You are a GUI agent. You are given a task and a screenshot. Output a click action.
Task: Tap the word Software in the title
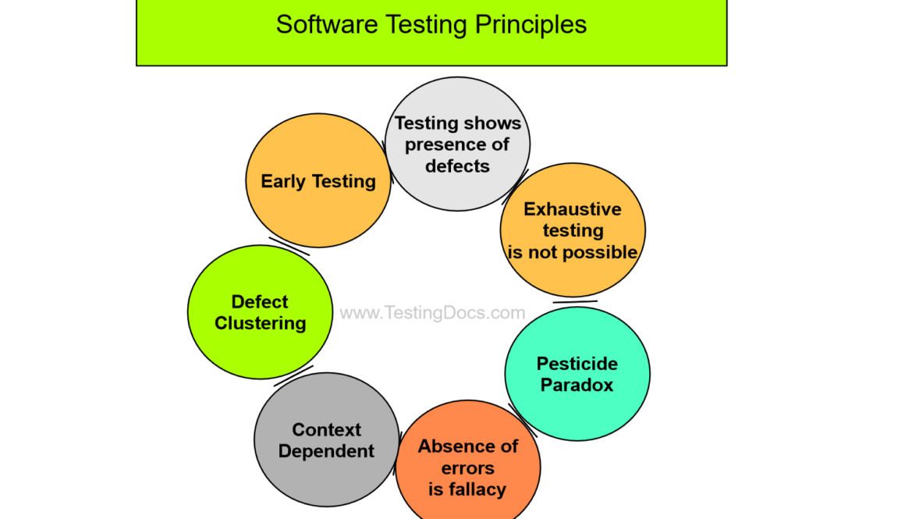[320, 24]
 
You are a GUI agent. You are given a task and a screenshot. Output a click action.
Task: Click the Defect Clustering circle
[260, 343]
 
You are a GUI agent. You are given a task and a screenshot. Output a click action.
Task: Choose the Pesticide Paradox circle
[577, 406]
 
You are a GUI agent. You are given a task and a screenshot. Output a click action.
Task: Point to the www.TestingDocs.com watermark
[432, 313]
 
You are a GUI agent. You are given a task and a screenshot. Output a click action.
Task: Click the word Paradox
[577, 385]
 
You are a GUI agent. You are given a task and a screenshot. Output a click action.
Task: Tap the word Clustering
[261, 323]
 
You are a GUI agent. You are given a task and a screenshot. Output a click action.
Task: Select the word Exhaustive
[573, 209]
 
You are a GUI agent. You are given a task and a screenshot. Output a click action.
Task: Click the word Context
[326, 430]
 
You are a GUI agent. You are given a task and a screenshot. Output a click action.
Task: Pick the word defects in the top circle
[458, 166]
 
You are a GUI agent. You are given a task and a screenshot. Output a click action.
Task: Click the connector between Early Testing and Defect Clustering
[289, 247]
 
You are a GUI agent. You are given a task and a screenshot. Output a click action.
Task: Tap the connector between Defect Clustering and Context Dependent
[293, 375]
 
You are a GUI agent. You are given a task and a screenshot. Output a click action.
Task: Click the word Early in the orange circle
[283, 181]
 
